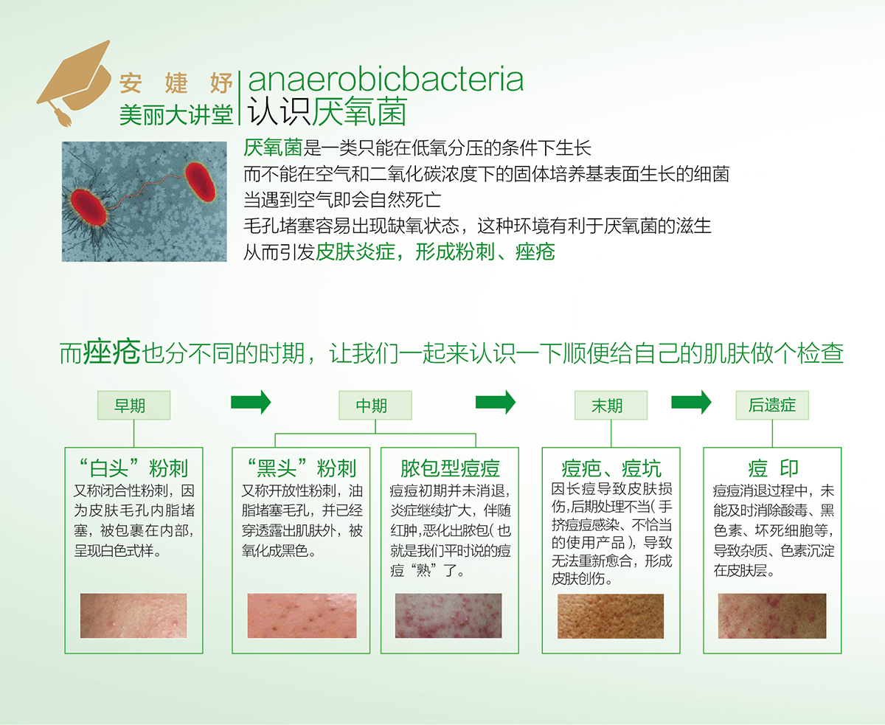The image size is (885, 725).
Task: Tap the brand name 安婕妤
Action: [x=176, y=83]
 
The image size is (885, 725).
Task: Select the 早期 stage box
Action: [x=134, y=406]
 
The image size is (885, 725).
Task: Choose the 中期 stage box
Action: [x=375, y=406]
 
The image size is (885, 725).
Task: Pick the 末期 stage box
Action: [x=611, y=406]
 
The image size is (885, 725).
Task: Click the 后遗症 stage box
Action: [x=772, y=406]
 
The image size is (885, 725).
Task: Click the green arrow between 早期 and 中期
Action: [x=251, y=403]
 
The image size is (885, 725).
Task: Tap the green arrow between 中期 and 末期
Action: [x=495, y=403]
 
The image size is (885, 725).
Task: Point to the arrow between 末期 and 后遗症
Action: [x=691, y=403]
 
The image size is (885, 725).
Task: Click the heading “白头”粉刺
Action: [x=133, y=468]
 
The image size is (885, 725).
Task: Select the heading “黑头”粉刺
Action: [x=302, y=468]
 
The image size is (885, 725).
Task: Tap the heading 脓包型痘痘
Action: [x=450, y=468]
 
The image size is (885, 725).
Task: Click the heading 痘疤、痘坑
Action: [x=611, y=468]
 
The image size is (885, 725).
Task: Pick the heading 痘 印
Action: [x=773, y=468]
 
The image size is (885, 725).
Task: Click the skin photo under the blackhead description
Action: [x=302, y=616]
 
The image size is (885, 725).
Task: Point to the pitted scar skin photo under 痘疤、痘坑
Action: [x=611, y=616]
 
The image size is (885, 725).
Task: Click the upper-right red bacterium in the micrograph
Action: [x=200, y=181]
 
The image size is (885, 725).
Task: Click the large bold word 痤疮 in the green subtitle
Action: [x=111, y=353]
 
